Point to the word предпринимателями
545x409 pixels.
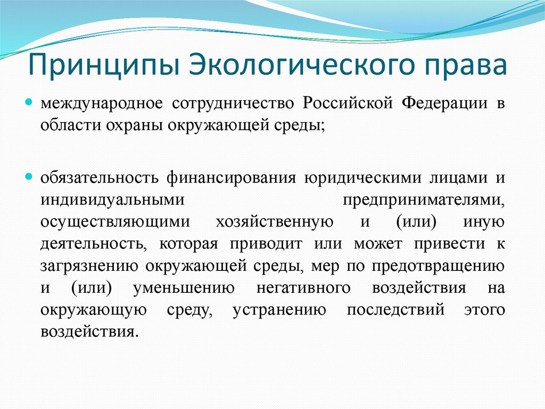tap(423, 199)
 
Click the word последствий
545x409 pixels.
tap(395, 311)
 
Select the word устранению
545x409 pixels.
tap(279, 311)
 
